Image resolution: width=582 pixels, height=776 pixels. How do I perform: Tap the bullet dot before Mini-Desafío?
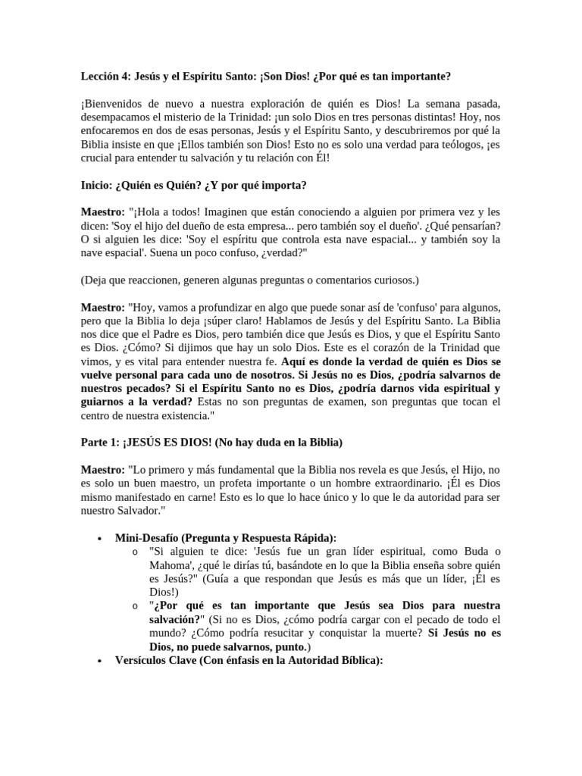pos(100,537)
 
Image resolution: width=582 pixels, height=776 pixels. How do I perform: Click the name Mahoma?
pos(171,565)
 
